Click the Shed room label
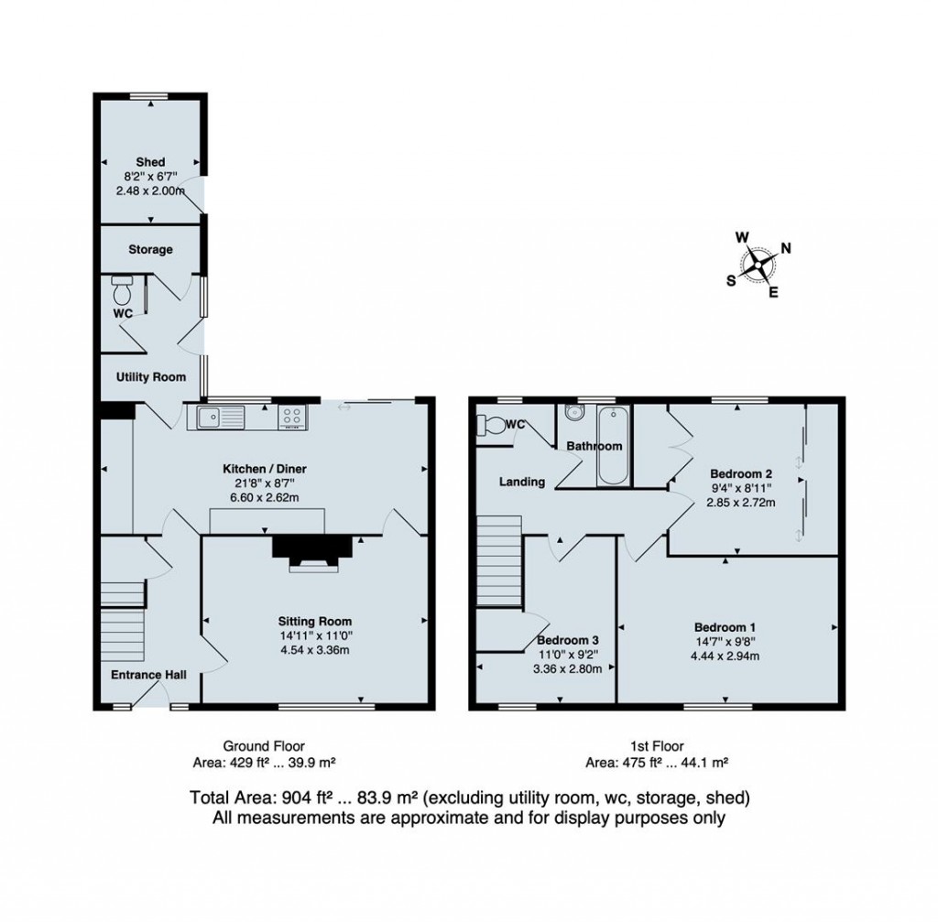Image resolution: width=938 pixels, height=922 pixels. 150,162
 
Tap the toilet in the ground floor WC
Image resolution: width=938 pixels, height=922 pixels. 122,291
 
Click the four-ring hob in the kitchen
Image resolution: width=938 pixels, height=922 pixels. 292,417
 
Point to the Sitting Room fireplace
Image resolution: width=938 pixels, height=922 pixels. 312,554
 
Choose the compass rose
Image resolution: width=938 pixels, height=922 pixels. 758,264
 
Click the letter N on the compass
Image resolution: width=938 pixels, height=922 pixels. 785,248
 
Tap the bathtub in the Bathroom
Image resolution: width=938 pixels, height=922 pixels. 613,446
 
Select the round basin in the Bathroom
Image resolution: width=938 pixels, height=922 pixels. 575,413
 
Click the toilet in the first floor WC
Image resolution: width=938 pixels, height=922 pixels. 492,426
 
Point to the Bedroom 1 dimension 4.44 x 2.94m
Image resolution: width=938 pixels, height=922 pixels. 725,656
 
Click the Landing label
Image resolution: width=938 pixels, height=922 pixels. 522,482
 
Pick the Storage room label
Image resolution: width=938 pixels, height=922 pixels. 150,249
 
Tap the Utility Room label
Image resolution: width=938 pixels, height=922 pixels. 151,376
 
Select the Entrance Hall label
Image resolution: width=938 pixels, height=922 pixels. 148,675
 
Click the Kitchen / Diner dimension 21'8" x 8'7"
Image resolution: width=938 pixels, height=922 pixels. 265,483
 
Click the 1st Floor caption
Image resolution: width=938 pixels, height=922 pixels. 657,746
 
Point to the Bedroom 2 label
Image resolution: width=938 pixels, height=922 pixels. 740,473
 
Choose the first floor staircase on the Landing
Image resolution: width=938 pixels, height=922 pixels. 499,561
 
